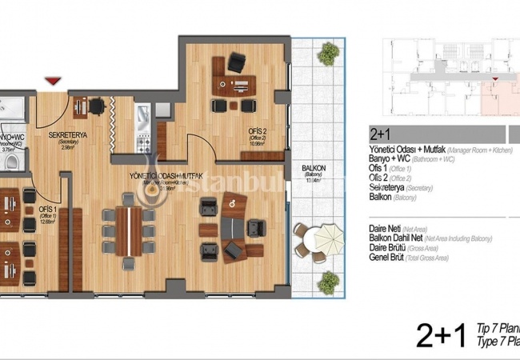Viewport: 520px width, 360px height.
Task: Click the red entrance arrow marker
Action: [x=54, y=81]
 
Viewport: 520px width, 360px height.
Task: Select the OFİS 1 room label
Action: [x=46, y=210]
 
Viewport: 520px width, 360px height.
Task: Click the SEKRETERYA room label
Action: [x=68, y=136]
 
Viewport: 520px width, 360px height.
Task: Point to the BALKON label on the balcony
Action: [x=313, y=168]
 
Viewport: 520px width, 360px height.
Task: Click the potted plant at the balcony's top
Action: [x=327, y=54]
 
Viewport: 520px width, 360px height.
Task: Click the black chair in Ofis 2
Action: [x=237, y=62]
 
